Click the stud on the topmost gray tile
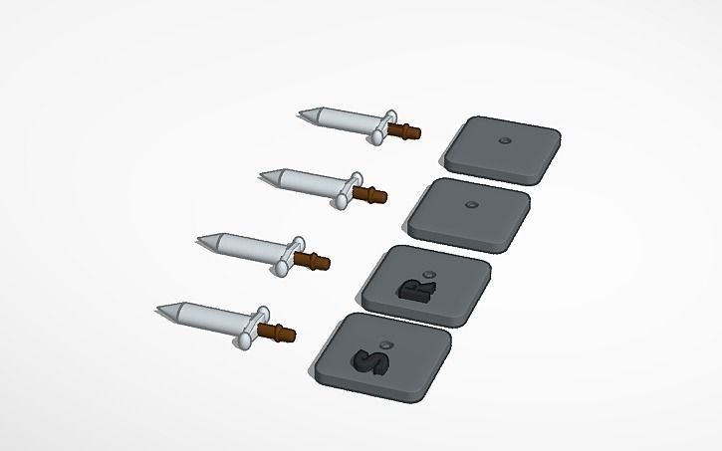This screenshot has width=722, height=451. (x=504, y=140)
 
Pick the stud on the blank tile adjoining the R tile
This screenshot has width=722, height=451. (x=471, y=206)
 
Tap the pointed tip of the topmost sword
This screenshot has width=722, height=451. (x=301, y=114)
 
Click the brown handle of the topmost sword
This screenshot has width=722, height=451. (x=405, y=130)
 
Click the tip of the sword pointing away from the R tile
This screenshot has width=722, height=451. (x=200, y=239)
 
